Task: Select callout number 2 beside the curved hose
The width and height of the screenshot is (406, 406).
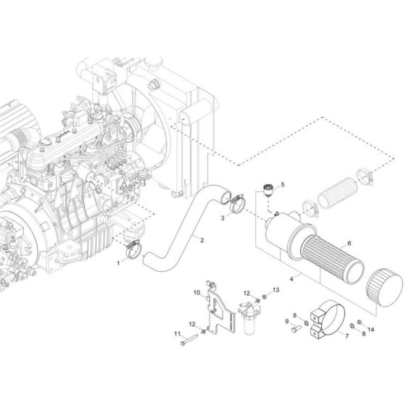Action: [x=181, y=241]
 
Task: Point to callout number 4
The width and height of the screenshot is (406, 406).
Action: [x=292, y=278]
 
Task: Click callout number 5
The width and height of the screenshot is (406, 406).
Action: [x=282, y=185]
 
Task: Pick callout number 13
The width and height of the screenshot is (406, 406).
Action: [x=275, y=289]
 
